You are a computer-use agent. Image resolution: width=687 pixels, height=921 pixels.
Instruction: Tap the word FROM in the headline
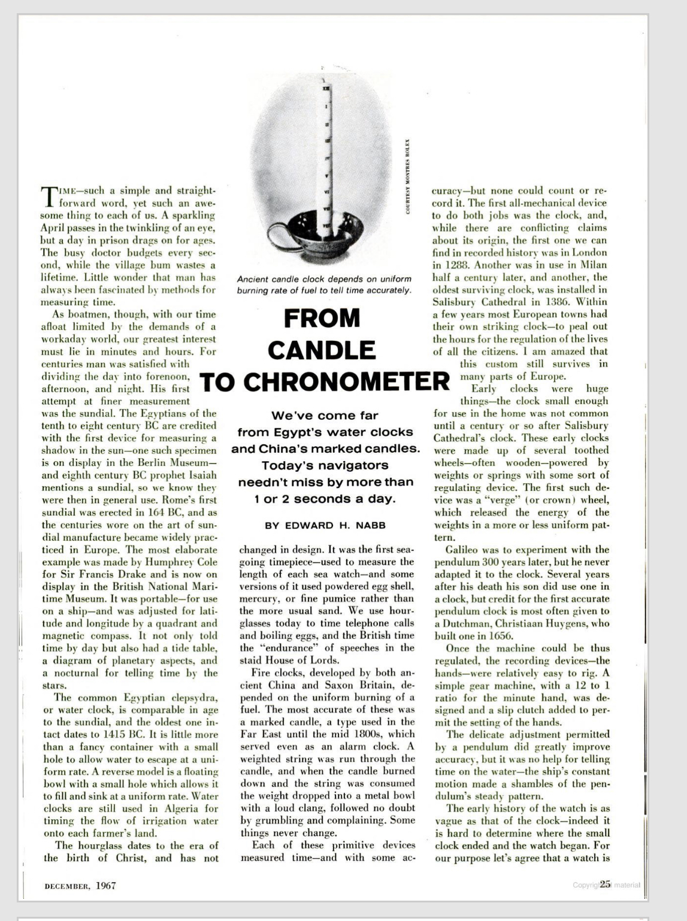[x=322, y=319]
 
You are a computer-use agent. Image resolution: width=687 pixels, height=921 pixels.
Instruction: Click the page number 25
[x=605, y=884]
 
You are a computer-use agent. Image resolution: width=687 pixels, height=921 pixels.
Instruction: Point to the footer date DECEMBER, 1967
[x=80, y=886]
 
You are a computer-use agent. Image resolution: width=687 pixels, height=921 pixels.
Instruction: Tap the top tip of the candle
[x=326, y=80]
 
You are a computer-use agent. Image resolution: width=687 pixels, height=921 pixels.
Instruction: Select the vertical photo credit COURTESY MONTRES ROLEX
[x=407, y=177]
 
